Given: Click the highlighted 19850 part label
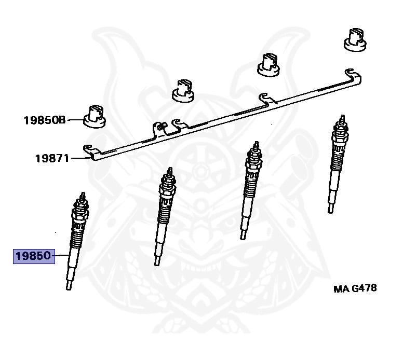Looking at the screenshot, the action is (x=34, y=256).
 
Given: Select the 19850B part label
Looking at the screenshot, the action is (x=44, y=121).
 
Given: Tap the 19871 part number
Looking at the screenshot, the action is (x=52, y=158).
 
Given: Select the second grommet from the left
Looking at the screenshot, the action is (x=184, y=91).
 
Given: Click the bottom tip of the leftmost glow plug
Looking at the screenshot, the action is (x=68, y=287).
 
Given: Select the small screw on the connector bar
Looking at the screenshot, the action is (x=162, y=124).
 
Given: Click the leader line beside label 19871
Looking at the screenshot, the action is (x=77, y=158).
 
